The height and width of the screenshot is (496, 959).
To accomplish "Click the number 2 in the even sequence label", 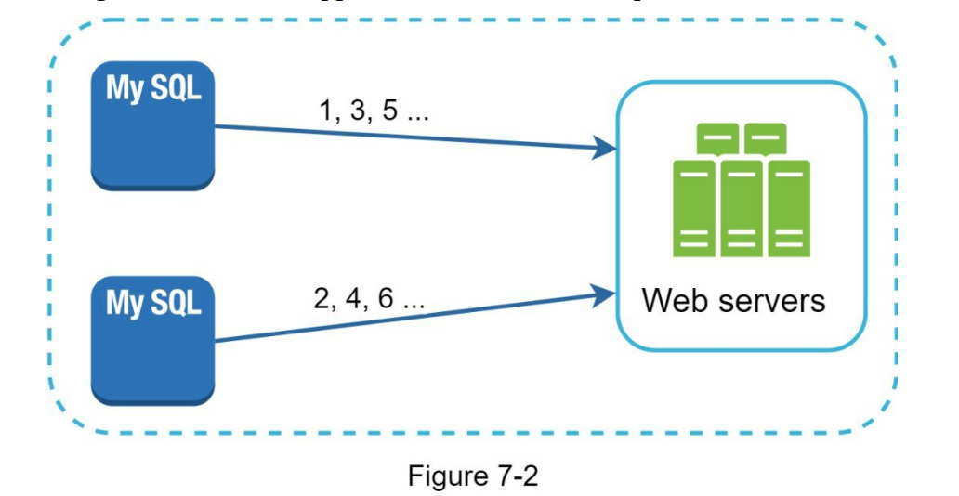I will (x=323, y=301).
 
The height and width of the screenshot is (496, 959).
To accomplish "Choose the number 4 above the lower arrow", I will (x=356, y=301).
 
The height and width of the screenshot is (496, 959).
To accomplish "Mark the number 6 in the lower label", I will (x=388, y=301).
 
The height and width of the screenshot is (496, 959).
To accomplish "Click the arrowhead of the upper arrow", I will (x=609, y=148).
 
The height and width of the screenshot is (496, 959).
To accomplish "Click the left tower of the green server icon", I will (x=694, y=208).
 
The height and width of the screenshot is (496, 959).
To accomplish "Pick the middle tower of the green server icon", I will (x=742, y=208).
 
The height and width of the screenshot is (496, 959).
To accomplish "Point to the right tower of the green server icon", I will (x=788, y=208).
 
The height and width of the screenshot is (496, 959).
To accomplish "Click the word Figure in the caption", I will (x=445, y=476).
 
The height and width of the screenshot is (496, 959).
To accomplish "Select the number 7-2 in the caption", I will (x=514, y=476).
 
